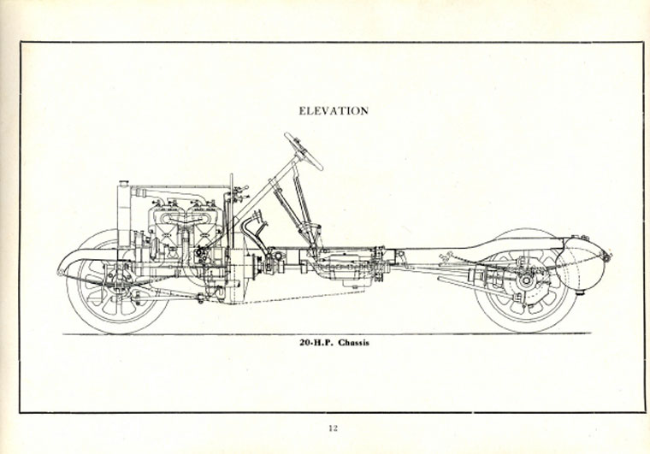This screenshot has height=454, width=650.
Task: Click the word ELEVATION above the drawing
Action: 333,111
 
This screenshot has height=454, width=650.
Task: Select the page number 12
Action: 333,428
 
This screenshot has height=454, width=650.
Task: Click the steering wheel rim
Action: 304,150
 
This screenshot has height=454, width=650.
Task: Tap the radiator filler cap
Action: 123,182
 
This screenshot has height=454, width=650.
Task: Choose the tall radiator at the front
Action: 127,218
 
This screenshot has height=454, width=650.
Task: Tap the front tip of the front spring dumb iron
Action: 61,272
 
